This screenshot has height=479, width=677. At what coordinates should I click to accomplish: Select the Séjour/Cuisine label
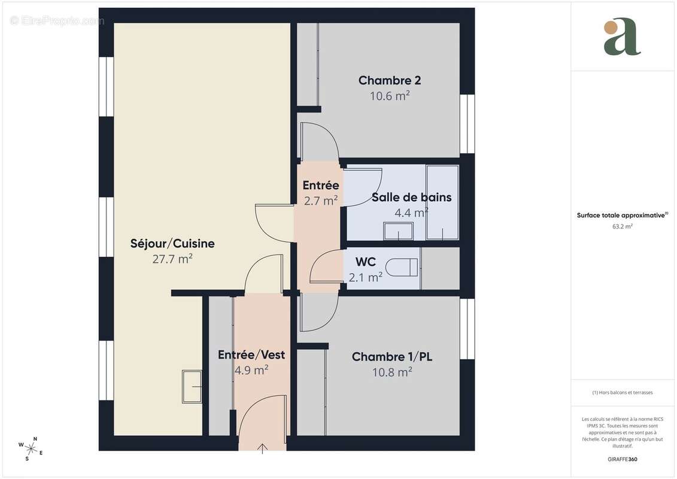coord(172,244)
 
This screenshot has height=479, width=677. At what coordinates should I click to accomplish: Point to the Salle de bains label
coord(411,197)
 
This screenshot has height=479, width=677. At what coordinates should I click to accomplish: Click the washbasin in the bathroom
coord(398,231)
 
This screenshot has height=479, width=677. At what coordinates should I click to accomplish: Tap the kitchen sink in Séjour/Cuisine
coord(192,386)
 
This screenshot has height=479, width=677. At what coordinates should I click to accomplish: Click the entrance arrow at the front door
coord(262,448)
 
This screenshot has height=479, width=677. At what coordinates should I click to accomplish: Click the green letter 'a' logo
coord(622,37)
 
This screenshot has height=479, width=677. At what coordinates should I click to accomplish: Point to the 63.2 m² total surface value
coord(623,226)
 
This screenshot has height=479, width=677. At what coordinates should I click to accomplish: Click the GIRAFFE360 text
coord(623,459)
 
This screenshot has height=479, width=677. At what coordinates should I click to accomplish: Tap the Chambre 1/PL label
coord(392,357)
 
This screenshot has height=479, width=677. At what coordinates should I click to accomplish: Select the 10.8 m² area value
coord(392,372)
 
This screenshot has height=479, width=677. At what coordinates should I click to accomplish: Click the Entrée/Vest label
coord(251,354)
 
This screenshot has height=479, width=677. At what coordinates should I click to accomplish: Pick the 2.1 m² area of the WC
coord(365,277)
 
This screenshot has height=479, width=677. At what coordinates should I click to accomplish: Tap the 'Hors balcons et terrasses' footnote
coord(623,393)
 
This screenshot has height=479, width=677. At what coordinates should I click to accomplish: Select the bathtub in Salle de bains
coord(442,202)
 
